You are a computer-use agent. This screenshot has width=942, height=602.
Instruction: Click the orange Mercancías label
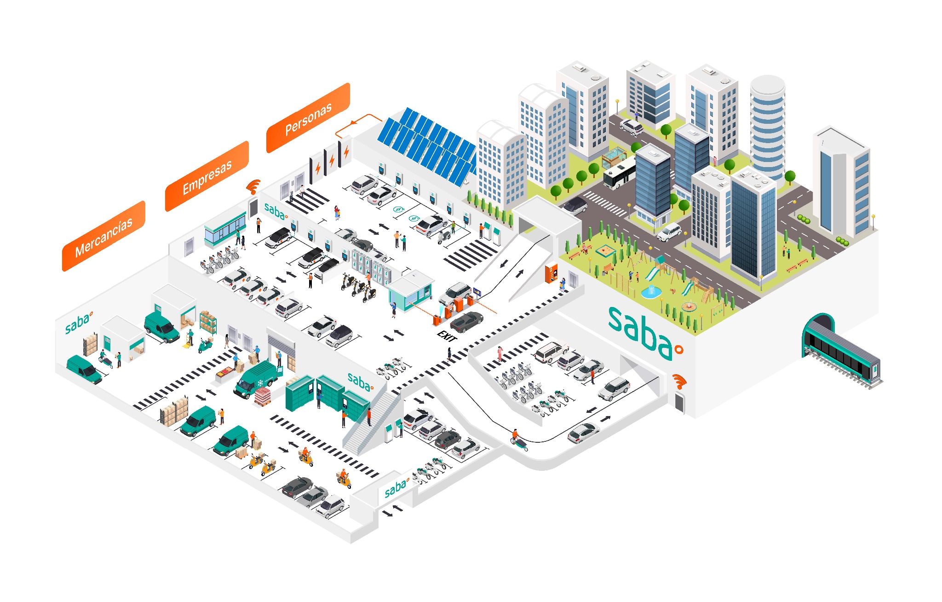click(x=104, y=236)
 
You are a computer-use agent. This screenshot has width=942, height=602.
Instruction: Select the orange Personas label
click(x=308, y=118)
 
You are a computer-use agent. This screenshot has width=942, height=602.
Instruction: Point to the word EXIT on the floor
click(x=446, y=336)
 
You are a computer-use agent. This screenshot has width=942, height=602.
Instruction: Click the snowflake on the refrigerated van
click(x=260, y=383)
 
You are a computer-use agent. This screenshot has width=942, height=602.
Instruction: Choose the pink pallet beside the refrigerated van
click(x=263, y=396)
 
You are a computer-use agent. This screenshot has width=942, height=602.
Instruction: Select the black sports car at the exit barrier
click(x=466, y=321)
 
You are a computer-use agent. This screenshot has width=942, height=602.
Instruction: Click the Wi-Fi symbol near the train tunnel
click(x=679, y=381)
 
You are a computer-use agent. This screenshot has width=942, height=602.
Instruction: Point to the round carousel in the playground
click(x=689, y=306)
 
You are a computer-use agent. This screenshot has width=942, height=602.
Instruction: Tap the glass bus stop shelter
click(x=614, y=157)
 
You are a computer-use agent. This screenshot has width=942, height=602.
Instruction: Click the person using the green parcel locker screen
click(x=318, y=399)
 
